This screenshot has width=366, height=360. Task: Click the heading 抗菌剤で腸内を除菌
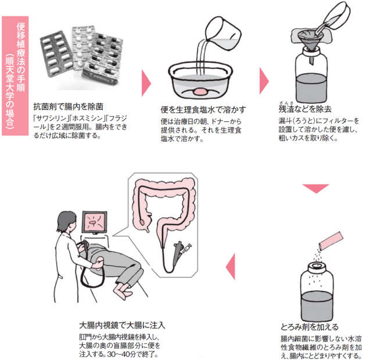click(x=69, y=106)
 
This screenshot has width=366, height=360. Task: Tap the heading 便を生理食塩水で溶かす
click(x=203, y=109)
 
